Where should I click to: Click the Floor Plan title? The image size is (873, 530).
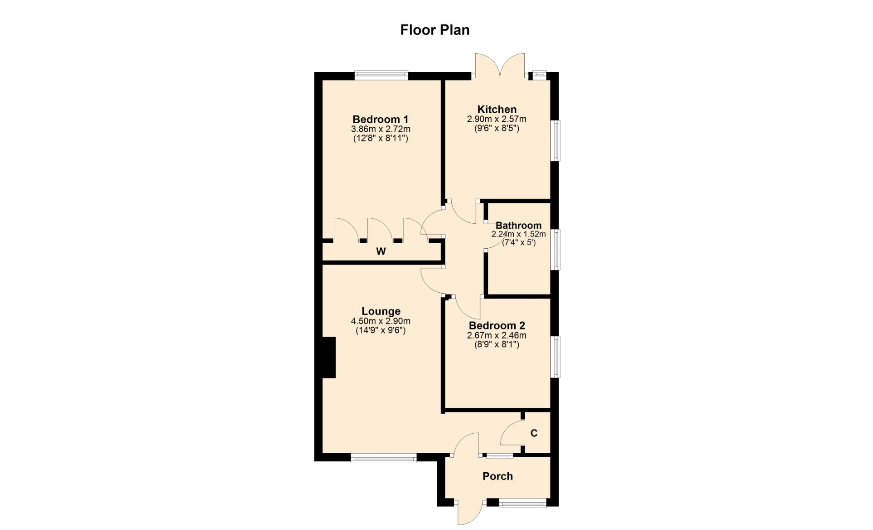(435, 30)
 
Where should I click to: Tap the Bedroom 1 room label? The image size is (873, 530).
(381, 120)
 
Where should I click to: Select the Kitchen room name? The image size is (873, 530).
(497, 110)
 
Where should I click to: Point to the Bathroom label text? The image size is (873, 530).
(518, 225)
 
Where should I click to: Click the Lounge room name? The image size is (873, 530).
(381, 311)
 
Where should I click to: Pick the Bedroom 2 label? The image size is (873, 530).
(497, 325)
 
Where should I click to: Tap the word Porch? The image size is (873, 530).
(497, 476)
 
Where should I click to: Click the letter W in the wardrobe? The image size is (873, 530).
(381, 251)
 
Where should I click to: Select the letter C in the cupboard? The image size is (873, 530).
(534, 433)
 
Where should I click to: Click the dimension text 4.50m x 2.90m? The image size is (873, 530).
(381, 321)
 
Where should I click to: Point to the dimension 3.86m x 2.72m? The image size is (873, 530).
(381, 129)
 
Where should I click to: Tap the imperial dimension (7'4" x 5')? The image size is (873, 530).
(519, 242)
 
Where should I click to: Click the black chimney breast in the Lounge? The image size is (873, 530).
(329, 357)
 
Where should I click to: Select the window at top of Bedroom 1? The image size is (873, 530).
(381, 75)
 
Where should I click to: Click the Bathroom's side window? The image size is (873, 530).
(555, 250)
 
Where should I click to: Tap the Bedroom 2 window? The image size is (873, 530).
(555, 357)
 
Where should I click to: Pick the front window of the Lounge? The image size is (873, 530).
(384, 458)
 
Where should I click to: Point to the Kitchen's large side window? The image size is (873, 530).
(555, 140)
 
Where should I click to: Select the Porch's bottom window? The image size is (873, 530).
(522, 503)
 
